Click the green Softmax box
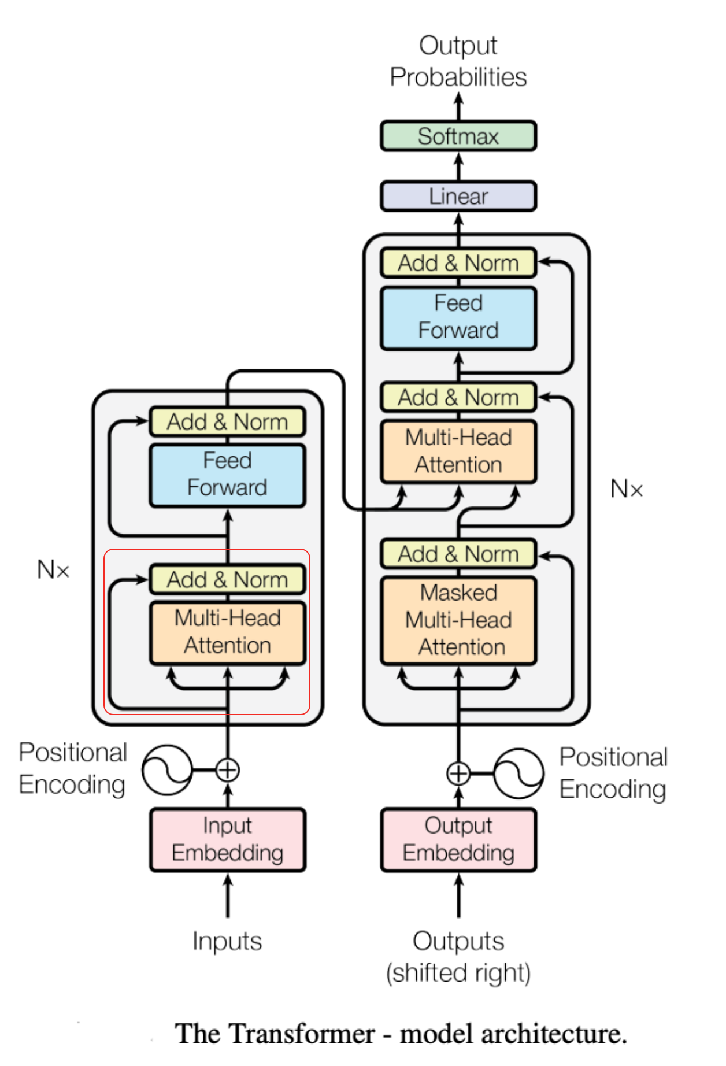click(458, 136)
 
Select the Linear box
click(458, 197)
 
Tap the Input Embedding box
click(228, 839)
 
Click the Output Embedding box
click(458, 839)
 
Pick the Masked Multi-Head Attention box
click(458, 620)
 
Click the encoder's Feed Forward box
click(228, 475)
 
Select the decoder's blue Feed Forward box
click(458, 317)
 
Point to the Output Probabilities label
click(458, 61)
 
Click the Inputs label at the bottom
click(228, 941)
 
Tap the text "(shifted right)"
click(458, 973)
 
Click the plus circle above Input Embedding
click(228, 770)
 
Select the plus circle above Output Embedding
click(458, 773)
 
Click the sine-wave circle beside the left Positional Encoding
click(168, 770)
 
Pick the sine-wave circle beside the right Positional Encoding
click(519, 773)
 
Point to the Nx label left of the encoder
click(53, 570)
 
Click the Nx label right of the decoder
click(627, 489)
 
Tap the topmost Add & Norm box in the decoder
click(458, 263)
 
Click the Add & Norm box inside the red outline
click(228, 579)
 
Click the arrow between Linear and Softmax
click(458, 166)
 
